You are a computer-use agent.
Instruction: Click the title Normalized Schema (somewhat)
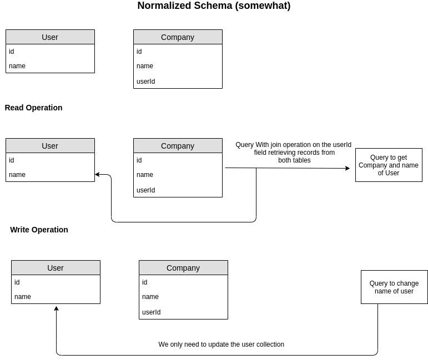point(214,6)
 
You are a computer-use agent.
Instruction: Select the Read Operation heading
point(33,108)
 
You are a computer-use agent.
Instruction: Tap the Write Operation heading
point(39,230)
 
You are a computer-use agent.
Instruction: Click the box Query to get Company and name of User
point(389,165)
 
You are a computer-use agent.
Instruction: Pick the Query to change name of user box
point(394,287)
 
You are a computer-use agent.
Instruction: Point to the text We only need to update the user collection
point(221,344)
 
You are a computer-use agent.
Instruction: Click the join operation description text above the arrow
point(294,153)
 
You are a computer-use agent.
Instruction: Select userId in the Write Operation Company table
point(152,312)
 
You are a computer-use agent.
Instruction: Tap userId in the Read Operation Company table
point(146,190)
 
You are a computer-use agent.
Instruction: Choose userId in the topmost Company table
point(146,82)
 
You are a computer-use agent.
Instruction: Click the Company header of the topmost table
point(178,37)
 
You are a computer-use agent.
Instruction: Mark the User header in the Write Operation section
point(56,268)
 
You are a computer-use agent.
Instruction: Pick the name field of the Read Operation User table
point(17,175)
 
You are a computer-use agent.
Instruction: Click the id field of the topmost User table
point(12,52)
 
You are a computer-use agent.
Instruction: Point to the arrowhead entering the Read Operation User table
point(98,175)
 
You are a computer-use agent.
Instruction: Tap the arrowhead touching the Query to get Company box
point(348,168)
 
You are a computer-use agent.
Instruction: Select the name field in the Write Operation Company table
point(150,297)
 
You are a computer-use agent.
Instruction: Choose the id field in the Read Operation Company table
point(139,160)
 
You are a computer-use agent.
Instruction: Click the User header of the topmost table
point(50,37)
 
